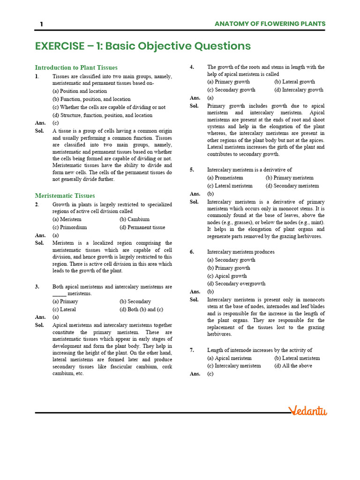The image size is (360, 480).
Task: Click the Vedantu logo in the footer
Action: click(x=308, y=411)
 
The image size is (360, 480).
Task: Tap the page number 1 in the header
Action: click(x=41, y=24)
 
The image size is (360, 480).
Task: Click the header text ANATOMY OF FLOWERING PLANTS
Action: click(x=270, y=24)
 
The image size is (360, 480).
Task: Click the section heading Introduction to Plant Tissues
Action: click(x=76, y=67)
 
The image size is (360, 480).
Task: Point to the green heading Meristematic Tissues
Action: click(x=65, y=195)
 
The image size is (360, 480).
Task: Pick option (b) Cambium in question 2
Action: click(x=135, y=219)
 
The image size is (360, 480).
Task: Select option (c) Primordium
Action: click(x=70, y=227)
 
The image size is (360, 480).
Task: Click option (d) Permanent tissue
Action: click(x=142, y=227)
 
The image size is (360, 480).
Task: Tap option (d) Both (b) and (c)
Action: click(x=142, y=309)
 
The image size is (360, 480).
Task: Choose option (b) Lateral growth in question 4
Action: click(x=295, y=82)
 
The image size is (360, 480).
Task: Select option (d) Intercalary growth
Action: click(x=299, y=90)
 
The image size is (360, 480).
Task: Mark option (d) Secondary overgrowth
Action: click(x=236, y=283)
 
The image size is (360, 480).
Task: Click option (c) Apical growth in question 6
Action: click(x=227, y=276)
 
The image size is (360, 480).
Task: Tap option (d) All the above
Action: click(x=293, y=366)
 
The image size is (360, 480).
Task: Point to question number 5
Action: click(x=192, y=170)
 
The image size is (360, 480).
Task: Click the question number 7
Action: click(x=192, y=350)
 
